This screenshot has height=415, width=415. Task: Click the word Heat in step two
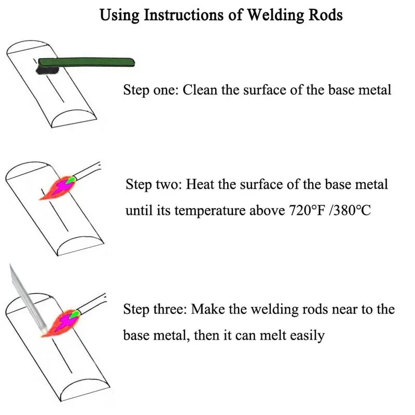point(199,185)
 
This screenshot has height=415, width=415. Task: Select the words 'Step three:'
point(155,310)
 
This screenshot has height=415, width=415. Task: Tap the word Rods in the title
point(325,15)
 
